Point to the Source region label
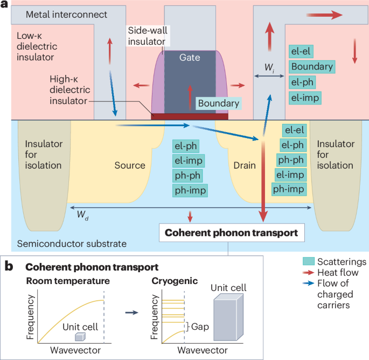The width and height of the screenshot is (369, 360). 130,165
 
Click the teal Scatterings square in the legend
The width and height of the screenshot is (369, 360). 305,261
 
